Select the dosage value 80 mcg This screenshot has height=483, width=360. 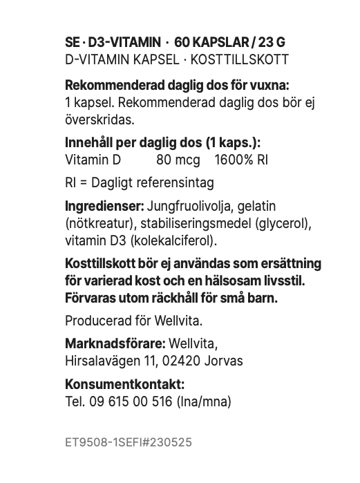point(179,160)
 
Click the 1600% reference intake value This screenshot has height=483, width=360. point(241,160)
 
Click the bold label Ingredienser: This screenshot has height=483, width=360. point(104,207)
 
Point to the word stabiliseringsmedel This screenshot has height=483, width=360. point(194,224)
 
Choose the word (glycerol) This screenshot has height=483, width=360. point(284,224)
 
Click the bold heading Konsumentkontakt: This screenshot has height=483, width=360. point(124,384)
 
